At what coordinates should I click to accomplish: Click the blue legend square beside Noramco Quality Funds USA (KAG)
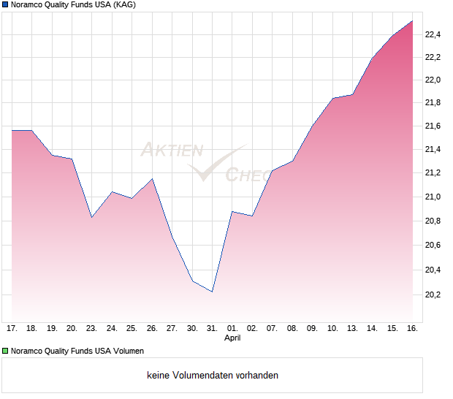coord(6,5)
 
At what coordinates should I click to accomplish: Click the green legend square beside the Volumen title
coord(6,351)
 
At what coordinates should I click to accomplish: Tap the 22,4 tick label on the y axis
coord(433,34)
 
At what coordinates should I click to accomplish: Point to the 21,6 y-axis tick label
coord(433,126)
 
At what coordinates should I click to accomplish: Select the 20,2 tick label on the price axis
coord(433,294)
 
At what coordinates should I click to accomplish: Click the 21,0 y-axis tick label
coord(433,197)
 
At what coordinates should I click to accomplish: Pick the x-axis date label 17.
coord(12,329)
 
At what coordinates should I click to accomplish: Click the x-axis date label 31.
coord(212,329)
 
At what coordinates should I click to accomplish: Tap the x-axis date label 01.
coord(232,329)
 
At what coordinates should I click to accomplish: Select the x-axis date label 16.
coord(412,329)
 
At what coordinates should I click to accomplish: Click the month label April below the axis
coord(232,338)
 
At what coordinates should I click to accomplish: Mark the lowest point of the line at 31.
coord(212,292)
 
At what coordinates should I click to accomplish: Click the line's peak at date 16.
coord(412,21)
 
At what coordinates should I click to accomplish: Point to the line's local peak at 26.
coord(152,178)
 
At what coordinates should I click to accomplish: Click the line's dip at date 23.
coord(92,217)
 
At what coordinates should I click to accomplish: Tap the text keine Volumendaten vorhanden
coord(213,376)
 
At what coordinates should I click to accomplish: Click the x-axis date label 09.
coord(312,329)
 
